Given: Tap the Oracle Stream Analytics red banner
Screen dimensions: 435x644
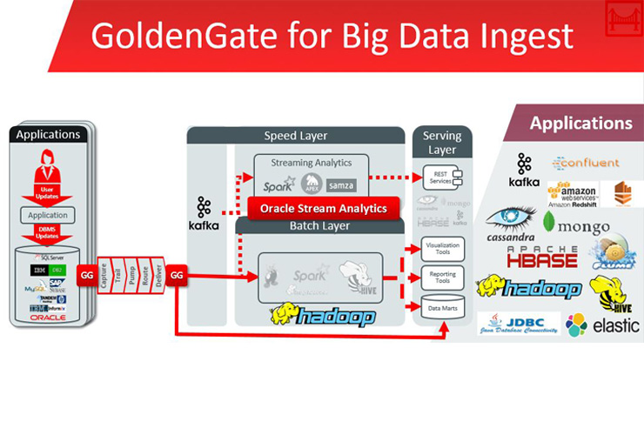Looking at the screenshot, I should [324, 209].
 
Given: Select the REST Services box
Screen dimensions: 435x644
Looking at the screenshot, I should [441, 177].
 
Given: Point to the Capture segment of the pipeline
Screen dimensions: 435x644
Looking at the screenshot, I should [104, 274].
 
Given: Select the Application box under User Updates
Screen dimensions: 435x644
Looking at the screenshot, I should [48, 215].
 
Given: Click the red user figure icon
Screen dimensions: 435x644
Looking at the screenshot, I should [48, 163].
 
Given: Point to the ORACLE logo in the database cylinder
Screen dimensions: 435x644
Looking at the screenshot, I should [48, 318].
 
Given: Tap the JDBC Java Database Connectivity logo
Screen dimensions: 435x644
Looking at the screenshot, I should [518, 325].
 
